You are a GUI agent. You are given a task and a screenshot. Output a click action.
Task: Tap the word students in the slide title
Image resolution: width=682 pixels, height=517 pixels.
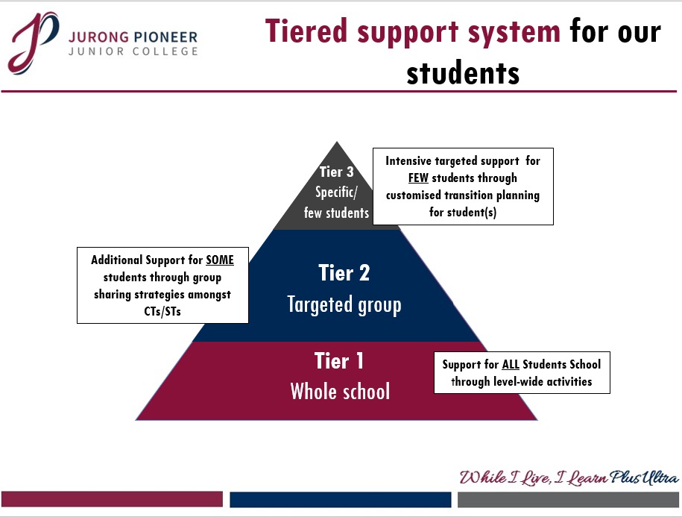[463, 72]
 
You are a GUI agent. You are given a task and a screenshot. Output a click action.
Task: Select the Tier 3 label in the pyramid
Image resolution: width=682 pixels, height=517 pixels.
[336, 173]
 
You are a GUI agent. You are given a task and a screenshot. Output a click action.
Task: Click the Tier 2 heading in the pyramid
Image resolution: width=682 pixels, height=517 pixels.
[344, 273]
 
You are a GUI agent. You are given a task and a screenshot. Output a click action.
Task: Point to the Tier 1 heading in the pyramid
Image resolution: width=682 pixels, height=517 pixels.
[339, 361]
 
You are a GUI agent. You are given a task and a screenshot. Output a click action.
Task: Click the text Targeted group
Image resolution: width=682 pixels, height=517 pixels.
[344, 304]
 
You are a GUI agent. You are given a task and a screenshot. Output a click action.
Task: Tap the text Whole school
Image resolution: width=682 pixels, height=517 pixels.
[340, 391]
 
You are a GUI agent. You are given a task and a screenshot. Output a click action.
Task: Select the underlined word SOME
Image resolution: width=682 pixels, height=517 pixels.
[220, 260]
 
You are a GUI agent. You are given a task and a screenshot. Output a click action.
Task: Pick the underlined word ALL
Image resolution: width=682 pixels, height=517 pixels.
[510, 364]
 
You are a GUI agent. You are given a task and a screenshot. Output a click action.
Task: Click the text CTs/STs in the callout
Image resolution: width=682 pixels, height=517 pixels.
[162, 311]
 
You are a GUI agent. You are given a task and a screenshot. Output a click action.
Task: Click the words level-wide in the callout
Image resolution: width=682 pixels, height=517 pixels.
[521, 381]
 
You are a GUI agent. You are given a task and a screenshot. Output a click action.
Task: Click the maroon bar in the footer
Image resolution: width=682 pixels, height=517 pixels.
[112, 499]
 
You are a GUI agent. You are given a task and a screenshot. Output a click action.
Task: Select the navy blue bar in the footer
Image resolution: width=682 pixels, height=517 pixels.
[341, 499]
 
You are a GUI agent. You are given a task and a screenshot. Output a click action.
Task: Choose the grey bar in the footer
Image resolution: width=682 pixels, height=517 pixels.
[568, 499]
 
